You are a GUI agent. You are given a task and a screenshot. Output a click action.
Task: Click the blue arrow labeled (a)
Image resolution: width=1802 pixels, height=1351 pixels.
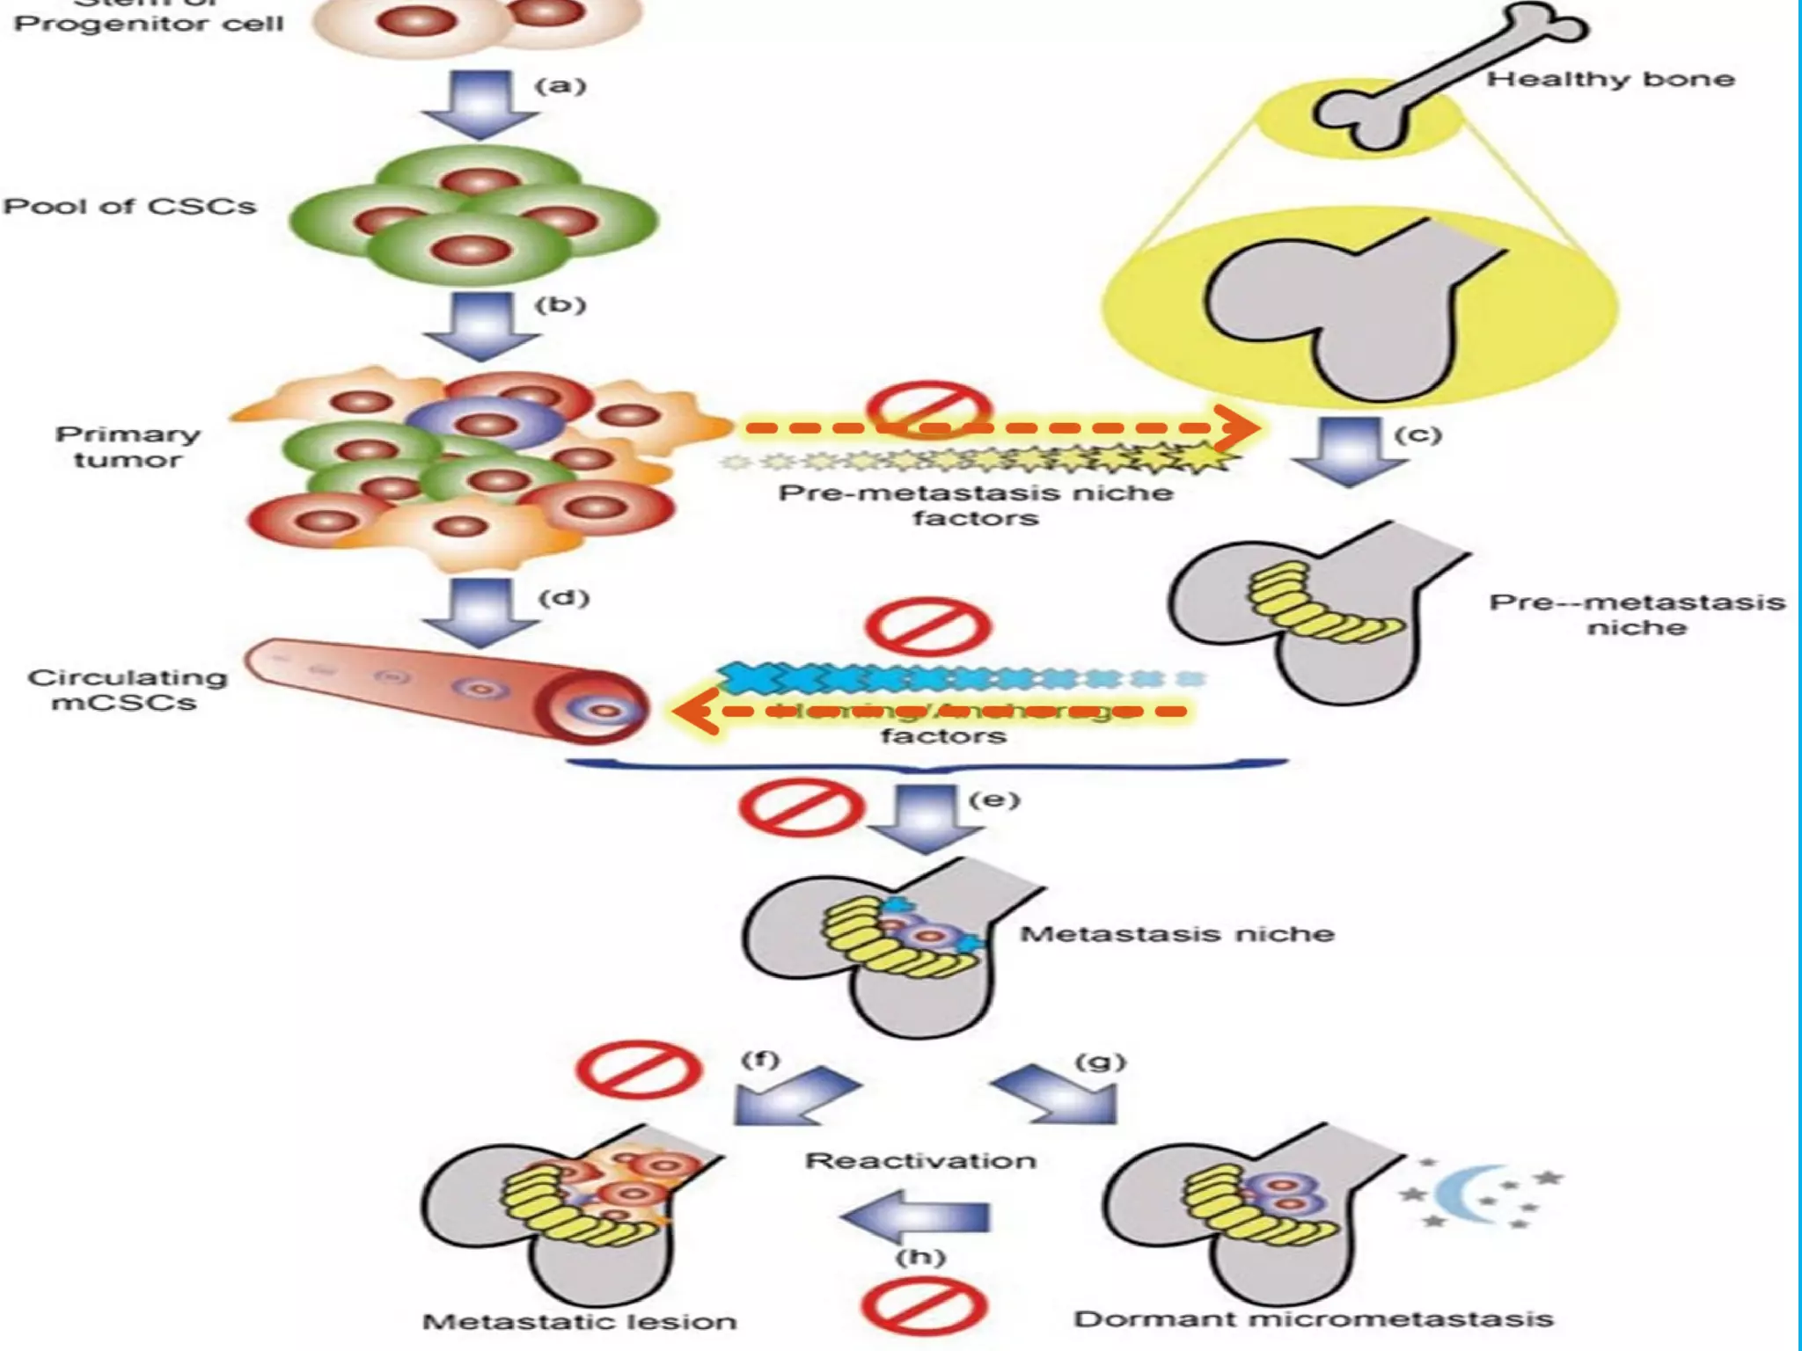click(x=480, y=104)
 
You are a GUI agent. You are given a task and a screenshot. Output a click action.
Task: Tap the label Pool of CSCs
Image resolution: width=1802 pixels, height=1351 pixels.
click(x=129, y=206)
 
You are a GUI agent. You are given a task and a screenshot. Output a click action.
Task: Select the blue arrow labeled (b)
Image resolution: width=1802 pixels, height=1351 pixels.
click(x=480, y=325)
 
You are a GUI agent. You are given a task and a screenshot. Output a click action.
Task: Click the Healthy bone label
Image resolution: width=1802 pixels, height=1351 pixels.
click(x=1609, y=79)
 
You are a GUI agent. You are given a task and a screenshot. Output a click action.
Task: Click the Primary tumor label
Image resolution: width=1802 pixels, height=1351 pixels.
click(x=128, y=447)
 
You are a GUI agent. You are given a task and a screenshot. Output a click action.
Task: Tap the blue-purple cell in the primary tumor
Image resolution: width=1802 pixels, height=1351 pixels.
click(x=485, y=424)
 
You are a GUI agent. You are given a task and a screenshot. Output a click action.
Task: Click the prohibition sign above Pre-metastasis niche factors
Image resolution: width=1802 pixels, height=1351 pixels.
click(x=928, y=406)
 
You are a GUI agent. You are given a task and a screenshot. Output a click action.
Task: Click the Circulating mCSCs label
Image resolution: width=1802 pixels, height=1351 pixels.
click(x=127, y=690)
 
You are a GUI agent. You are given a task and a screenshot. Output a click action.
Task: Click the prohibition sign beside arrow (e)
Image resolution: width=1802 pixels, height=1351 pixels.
click(x=801, y=807)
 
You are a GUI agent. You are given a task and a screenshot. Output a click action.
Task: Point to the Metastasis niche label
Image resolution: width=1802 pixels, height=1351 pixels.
click(x=1176, y=933)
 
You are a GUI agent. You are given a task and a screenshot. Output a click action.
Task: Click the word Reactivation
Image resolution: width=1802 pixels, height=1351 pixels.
click(x=920, y=1160)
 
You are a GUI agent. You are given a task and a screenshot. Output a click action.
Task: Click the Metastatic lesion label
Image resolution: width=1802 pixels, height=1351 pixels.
click(x=579, y=1321)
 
